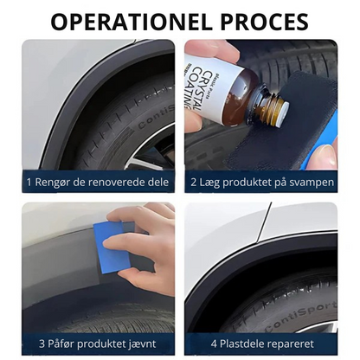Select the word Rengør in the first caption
pyautogui.click(x=53, y=183)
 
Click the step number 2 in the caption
pyautogui.click(x=193, y=183)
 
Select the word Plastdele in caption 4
pyautogui.click(x=243, y=344)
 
